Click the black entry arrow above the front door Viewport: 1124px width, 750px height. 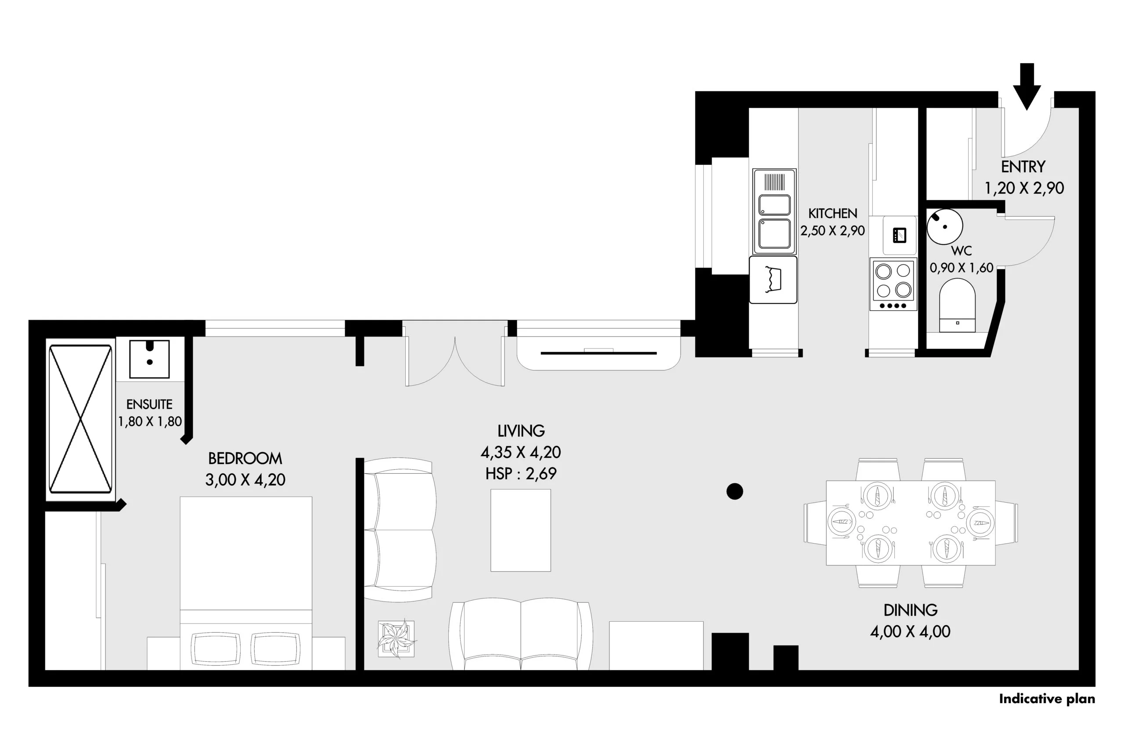click(1027, 87)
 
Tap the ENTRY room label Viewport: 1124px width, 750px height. click(1023, 167)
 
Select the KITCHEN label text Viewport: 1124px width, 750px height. click(832, 214)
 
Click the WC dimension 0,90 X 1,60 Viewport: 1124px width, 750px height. click(962, 268)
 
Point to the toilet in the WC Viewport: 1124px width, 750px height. click(957, 306)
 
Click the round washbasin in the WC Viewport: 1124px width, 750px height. click(945, 227)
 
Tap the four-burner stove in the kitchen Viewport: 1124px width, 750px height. click(893, 285)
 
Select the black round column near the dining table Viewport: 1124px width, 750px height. click(735, 491)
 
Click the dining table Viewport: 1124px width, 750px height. click(911, 523)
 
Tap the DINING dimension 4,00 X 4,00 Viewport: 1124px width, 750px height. click(910, 631)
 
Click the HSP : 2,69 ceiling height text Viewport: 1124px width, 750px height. click(521, 474)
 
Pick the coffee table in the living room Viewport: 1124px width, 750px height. click(520, 530)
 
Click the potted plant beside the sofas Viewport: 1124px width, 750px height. click(396, 639)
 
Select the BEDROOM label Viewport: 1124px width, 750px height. click(245, 459)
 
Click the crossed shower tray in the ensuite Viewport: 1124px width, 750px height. click(80, 419)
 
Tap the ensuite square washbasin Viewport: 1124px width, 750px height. click(150, 359)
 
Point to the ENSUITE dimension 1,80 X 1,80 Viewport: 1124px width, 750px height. click(150, 421)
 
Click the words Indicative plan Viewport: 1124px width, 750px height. click(1047, 699)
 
